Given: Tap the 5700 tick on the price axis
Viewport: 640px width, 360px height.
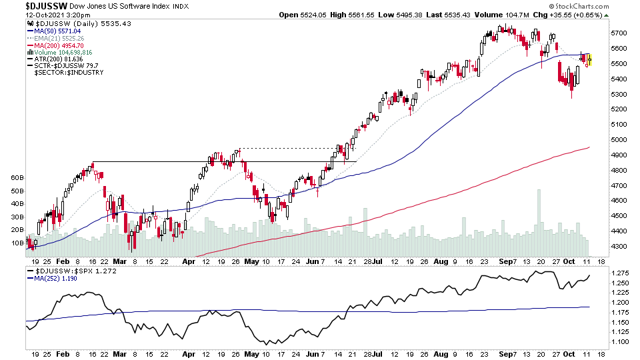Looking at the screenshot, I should (x=619, y=33).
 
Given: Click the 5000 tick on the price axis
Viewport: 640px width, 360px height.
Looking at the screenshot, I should (x=619, y=140).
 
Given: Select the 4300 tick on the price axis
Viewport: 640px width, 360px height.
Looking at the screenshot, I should (x=619, y=247).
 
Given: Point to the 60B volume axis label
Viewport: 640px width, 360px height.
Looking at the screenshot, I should (x=17, y=179).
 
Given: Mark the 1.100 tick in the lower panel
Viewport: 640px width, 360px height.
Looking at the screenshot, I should (x=620, y=342).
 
